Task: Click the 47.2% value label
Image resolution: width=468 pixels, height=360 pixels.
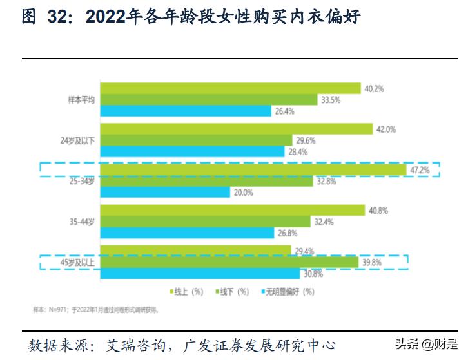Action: click(x=420, y=169)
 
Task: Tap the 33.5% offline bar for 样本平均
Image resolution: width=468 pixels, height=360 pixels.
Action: click(x=210, y=100)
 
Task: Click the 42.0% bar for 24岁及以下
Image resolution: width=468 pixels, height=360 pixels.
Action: click(x=237, y=129)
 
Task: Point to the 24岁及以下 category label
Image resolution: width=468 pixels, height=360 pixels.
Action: click(x=77, y=140)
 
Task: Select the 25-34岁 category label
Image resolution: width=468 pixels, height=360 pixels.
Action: click(x=81, y=181)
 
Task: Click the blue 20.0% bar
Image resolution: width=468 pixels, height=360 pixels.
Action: click(x=166, y=192)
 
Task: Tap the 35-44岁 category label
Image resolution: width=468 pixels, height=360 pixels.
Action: click(x=81, y=222)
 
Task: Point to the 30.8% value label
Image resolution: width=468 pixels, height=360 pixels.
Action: click(x=313, y=274)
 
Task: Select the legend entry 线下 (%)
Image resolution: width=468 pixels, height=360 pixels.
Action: click(x=231, y=291)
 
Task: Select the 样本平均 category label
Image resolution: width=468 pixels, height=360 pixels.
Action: click(x=81, y=100)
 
